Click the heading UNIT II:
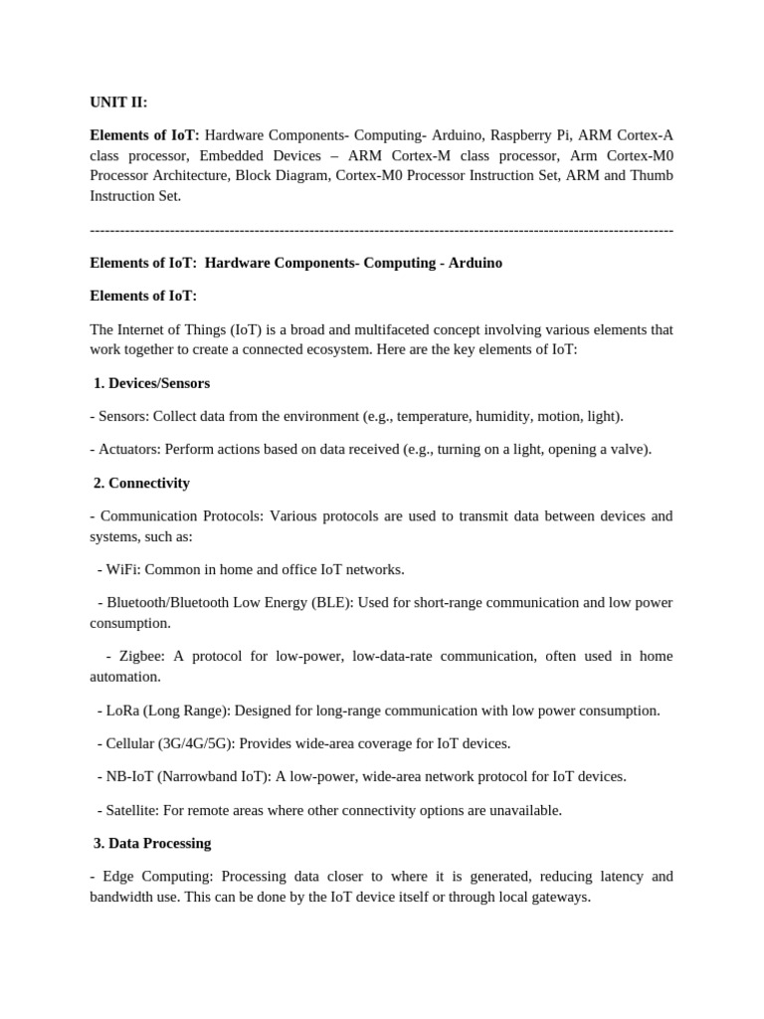118,102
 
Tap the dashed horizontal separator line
381,230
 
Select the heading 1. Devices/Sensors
151,383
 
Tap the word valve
626,449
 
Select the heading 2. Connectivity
141,483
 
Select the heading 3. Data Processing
152,843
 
